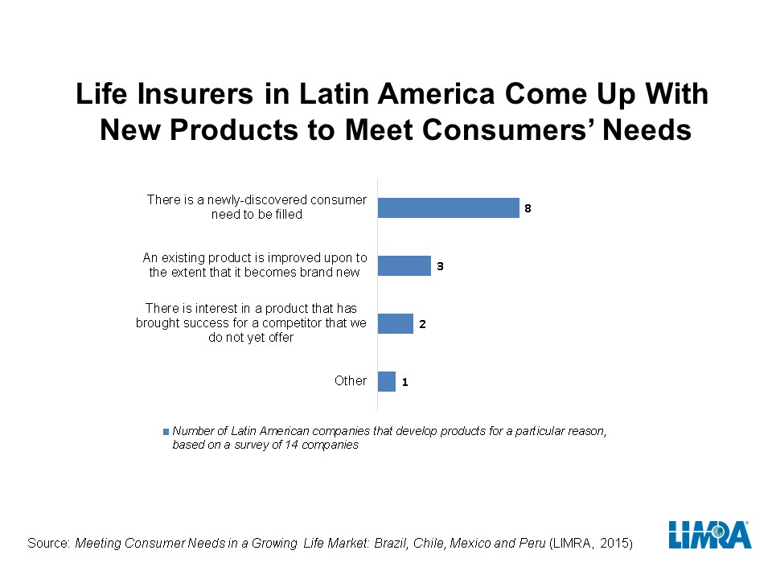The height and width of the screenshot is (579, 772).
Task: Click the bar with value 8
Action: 448,208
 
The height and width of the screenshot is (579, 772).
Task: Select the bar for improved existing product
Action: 404,265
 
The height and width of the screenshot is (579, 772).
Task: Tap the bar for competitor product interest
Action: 395,323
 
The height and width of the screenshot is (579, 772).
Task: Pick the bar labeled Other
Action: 386,381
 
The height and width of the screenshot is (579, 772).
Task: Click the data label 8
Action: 528,208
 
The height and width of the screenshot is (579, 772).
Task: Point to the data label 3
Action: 440,265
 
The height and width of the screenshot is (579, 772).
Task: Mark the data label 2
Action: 422,324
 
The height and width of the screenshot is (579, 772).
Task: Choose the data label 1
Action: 404,382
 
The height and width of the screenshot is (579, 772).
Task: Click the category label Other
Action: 351,380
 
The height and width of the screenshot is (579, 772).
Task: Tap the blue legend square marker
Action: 166,431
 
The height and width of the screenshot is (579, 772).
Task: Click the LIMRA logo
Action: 709,536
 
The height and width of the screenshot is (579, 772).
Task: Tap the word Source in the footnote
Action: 48,544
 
